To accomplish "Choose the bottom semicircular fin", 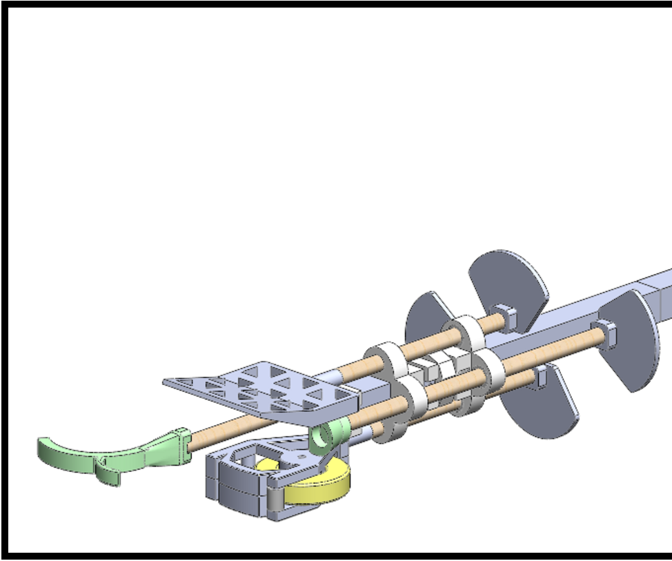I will [545, 407].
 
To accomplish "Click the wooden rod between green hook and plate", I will [221, 429].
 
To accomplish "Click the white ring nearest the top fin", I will [463, 333].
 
